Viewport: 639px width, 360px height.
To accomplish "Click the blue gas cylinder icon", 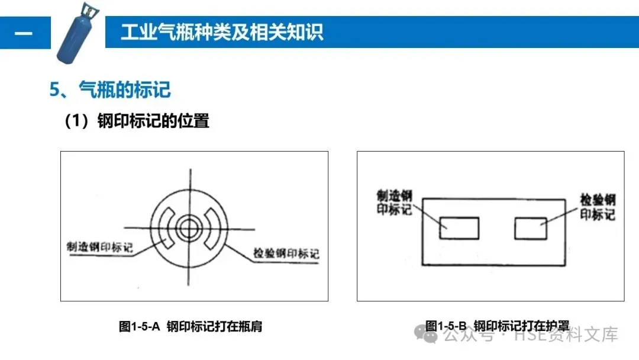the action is (78, 33).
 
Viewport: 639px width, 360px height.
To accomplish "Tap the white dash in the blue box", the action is (24, 33).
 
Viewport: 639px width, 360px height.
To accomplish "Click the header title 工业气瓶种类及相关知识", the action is (222, 32).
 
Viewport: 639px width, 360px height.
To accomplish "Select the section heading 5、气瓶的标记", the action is (110, 89).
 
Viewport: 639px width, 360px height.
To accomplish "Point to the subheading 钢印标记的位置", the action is (153, 121).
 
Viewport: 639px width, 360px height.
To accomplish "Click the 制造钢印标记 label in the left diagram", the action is (100, 247).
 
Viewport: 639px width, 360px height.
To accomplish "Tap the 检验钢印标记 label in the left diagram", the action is (286, 253).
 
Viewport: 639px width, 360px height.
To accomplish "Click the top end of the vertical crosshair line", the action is (191, 169).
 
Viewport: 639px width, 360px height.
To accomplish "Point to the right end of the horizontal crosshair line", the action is (254, 229).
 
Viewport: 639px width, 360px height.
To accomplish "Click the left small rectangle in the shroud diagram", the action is (459, 228).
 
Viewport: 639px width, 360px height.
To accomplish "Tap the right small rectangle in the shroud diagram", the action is (531, 228).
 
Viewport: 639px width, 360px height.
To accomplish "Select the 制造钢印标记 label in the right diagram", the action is (394, 202).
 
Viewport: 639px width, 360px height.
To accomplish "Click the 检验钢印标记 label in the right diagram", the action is (598, 207).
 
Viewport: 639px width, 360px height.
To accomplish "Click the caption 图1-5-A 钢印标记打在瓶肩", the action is (191, 326).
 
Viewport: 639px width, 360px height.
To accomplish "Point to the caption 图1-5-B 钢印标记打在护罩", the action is (497, 326).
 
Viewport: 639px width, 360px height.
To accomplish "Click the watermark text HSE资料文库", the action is (566, 335).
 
